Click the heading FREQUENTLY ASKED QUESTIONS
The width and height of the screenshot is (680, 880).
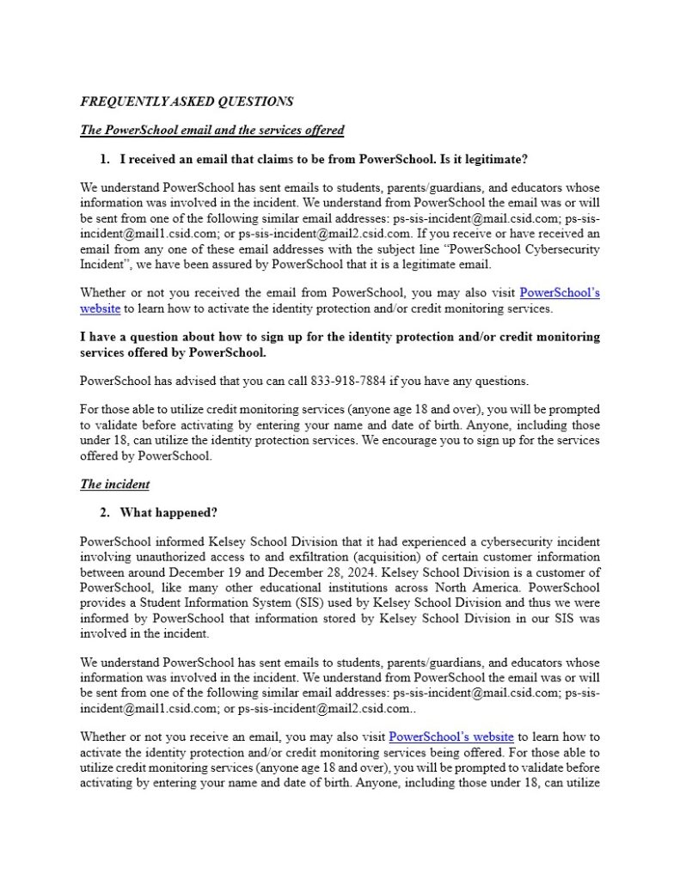pos(187,101)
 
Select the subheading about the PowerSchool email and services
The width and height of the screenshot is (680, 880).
pos(211,131)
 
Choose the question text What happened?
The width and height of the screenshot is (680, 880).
pos(168,513)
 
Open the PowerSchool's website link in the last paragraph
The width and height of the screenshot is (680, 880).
pos(451,736)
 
